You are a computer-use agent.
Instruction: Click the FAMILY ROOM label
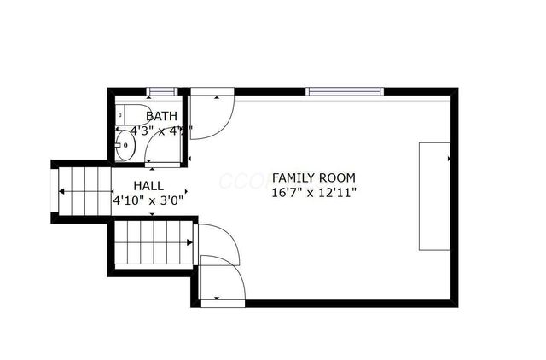click(313, 177)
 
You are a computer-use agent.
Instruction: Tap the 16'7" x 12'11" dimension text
click(313, 193)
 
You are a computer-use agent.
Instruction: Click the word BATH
click(162, 116)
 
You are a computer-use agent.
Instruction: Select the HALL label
click(148, 185)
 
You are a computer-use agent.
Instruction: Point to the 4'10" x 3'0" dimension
click(148, 200)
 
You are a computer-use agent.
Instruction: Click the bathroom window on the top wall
click(162, 91)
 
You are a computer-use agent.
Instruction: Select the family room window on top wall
click(344, 91)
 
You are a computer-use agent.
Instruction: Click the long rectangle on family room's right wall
click(434, 195)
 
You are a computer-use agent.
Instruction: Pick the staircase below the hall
click(151, 243)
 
